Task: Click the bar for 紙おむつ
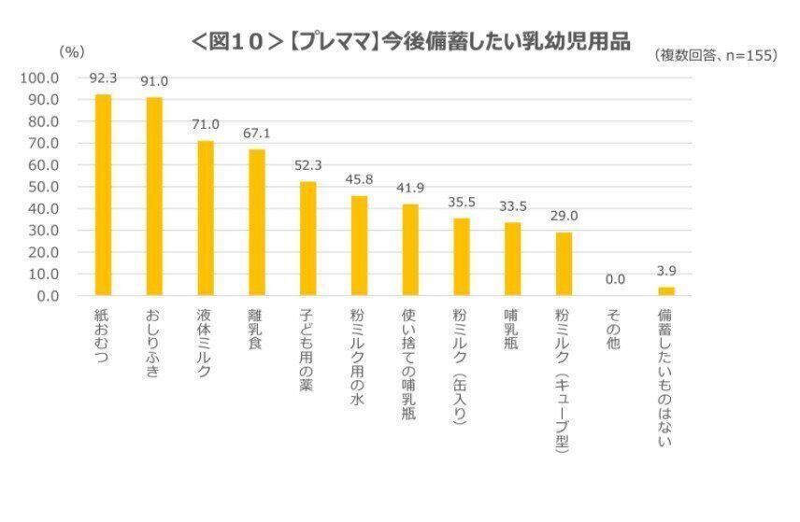click(103, 195)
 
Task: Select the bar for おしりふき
click(154, 196)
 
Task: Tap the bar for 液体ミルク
click(206, 219)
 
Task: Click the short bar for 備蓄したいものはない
click(665, 291)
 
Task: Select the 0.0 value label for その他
click(614, 279)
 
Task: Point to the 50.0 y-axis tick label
click(45, 187)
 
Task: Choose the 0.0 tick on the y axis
click(49, 296)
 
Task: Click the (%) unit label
click(72, 52)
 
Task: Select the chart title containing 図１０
click(410, 42)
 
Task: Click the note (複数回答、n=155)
click(716, 56)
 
